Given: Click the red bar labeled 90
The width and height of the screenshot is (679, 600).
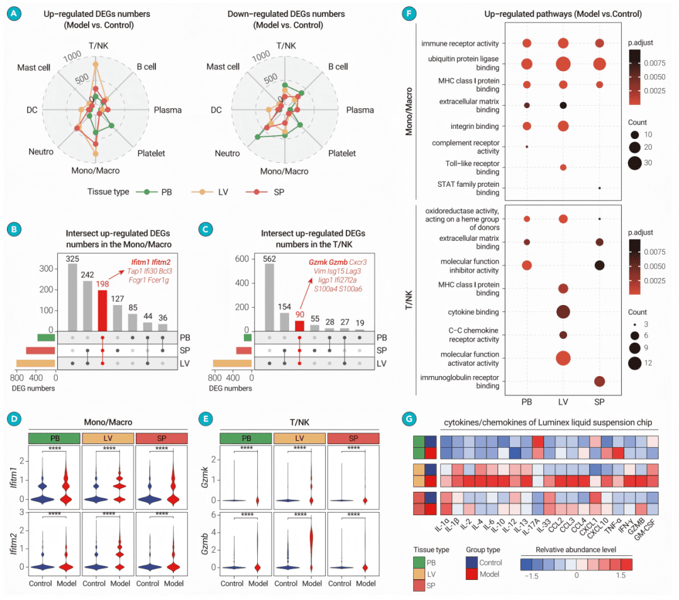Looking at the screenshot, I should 300,326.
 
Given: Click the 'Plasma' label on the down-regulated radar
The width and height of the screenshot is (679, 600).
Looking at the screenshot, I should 360,110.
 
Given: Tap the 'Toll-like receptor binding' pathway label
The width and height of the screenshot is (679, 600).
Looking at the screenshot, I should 468,167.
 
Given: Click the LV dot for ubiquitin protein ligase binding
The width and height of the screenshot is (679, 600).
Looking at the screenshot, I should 563,64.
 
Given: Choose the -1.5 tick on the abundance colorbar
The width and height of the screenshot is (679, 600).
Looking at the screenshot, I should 531,575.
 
